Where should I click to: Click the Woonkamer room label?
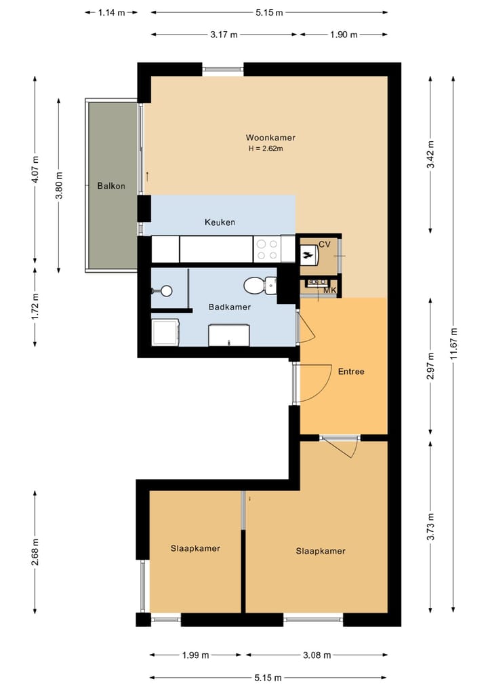[270, 138]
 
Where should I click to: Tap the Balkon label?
[110, 186]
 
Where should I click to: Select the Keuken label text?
[220, 223]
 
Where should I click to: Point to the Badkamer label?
[229, 307]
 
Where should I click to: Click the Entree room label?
[351, 371]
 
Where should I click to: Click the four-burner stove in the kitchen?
[266, 249]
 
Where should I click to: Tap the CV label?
[324, 244]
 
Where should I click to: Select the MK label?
[330, 291]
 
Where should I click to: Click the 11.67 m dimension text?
[453, 346]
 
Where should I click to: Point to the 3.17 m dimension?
[224, 35]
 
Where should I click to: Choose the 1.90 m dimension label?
[344, 35]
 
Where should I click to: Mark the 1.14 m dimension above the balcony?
[111, 12]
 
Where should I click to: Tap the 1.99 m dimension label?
[195, 655]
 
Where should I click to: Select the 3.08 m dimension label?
[317, 655]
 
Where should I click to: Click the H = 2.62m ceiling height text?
[266, 149]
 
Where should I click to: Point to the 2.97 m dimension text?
[430, 366]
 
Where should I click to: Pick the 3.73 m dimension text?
[430, 525]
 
